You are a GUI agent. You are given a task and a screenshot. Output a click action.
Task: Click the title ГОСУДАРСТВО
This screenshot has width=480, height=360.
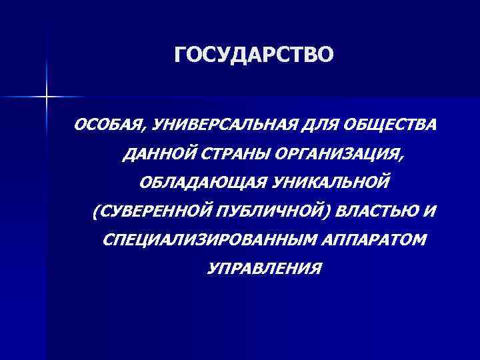tap(252, 56)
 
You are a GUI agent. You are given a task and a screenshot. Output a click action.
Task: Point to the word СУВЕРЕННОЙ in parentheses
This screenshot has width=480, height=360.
tap(156, 211)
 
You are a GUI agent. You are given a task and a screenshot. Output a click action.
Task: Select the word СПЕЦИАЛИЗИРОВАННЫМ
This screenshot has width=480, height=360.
tap(193, 240)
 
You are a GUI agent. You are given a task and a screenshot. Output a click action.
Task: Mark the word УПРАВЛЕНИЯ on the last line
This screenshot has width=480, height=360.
tap(263, 269)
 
